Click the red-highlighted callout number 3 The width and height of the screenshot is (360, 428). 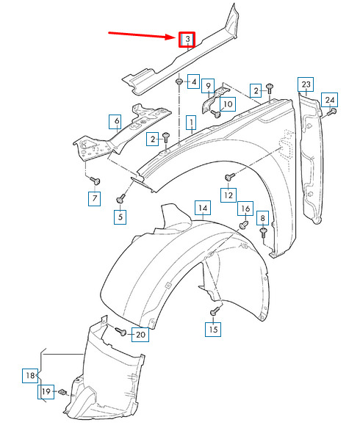click(x=187, y=40)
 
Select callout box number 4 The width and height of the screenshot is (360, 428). click(x=193, y=81)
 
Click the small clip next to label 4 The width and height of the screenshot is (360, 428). click(x=179, y=81)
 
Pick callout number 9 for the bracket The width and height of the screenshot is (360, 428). click(x=208, y=86)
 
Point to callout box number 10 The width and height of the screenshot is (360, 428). click(x=228, y=104)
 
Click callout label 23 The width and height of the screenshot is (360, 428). click(x=306, y=84)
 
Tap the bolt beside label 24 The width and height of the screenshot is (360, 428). click(x=332, y=112)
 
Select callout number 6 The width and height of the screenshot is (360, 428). click(x=117, y=121)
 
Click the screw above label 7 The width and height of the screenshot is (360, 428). click(x=96, y=181)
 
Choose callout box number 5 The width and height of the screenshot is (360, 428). click(x=120, y=217)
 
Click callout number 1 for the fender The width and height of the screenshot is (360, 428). click(x=192, y=123)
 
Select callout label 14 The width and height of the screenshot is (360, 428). click(x=203, y=208)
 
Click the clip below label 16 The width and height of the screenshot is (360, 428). click(x=244, y=225)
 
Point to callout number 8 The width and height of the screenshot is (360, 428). click(x=262, y=218)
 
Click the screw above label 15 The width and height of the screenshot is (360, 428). click(x=215, y=311)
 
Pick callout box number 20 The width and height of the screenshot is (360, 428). click(x=140, y=334)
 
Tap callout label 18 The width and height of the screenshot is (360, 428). click(x=30, y=376)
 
